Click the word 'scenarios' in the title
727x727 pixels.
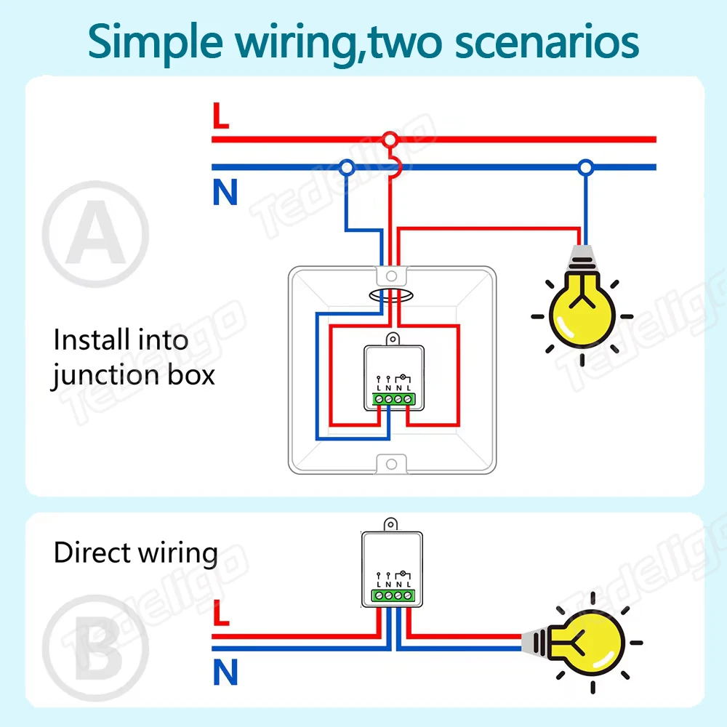tap(547, 42)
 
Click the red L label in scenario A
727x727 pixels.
tap(221, 116)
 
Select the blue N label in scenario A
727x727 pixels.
tap(225, 192)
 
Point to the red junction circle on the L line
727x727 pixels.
tap(390, 139)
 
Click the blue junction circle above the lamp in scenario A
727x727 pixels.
tap(585, 167)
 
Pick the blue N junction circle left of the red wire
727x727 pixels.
tap(347, 167)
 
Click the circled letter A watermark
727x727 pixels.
tap(95, 233)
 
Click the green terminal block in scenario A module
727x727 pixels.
tap(393, 398)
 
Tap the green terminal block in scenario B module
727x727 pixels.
tap(393, 595)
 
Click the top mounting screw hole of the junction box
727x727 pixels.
tap(391, 276)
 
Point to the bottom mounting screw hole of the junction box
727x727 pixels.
tap(391, 464)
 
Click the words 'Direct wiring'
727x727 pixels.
tap(135, 553)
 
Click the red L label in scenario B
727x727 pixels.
tap(221, 612)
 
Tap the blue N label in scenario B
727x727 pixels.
tap(225, 672)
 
